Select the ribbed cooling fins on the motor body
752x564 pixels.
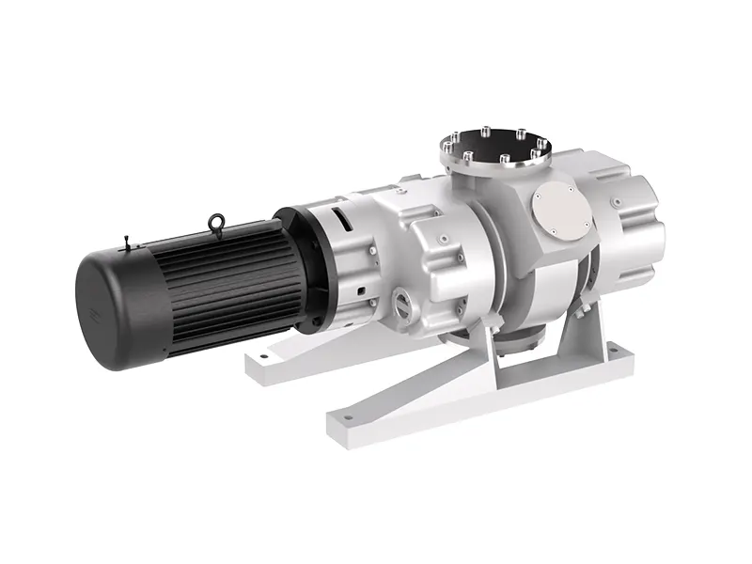(226, 282)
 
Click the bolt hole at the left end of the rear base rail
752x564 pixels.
(264, 355)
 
